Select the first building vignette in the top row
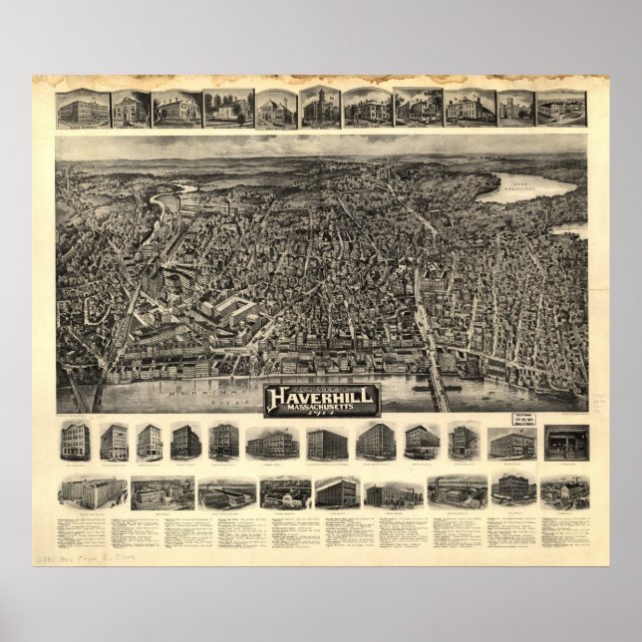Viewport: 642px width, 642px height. (81, 108)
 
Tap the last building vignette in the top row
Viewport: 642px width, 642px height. (561, 108)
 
